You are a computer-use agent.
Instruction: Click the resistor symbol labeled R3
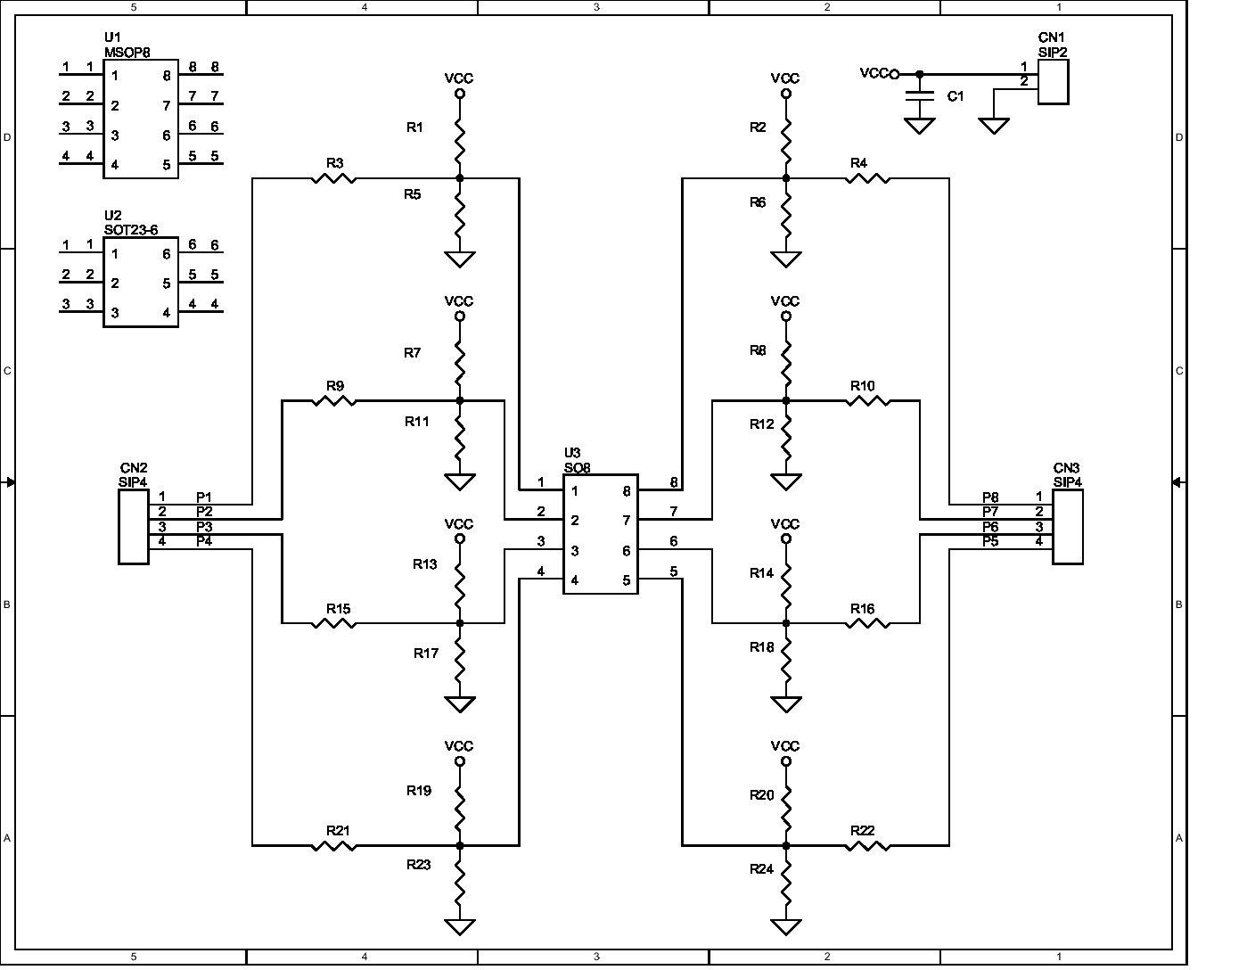pos(334,179)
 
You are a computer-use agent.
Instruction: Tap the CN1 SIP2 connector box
pos(1053,81)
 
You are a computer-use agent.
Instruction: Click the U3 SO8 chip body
pos(600,534)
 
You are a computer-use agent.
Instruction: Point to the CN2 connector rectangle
pos(134,526)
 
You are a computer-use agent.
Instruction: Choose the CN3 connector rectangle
pos(1068,526)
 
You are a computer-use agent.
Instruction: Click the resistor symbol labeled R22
pos(867,845)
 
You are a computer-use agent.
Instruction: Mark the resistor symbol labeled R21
pos(334,845)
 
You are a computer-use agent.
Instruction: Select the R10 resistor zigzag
pos(867,401)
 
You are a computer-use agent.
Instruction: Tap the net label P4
pos(204,541)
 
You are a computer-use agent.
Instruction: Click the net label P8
pos(990,497)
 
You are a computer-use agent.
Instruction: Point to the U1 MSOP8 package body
pos(141,119)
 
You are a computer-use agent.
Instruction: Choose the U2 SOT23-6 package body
pos(141,283)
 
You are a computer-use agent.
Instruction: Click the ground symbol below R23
pos(460,926)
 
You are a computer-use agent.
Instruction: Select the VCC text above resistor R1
pos(459,78)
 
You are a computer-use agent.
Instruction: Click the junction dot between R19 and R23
pos(460,845)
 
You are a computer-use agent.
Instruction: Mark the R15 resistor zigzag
pos(334,623)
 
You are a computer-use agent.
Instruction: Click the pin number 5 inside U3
pos(627,580)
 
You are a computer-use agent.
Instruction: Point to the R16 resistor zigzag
pos(867,623)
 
